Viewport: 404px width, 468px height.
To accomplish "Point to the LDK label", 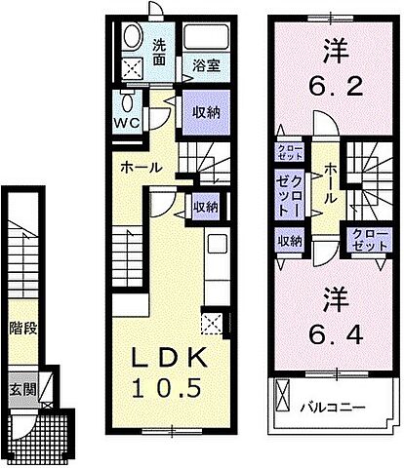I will click(167, 358).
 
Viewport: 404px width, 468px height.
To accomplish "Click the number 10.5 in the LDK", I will click(167, 387).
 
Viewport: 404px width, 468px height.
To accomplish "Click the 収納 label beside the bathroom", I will click(206, 112).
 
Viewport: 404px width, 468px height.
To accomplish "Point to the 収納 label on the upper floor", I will click(290, 241).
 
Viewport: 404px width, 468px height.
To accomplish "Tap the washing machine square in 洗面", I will click(130, 68).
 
